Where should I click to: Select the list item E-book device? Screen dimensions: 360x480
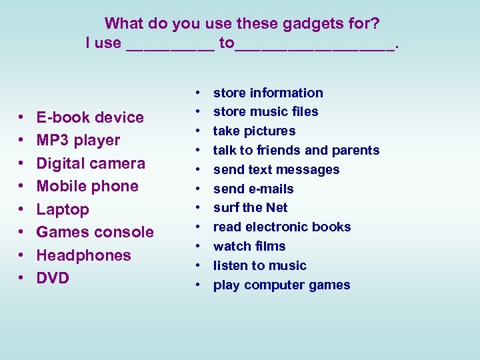[x=90, y=117]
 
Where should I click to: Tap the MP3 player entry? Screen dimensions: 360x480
[x=78, y=141]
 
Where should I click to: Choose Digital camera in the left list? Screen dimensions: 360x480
[x=91, y=163]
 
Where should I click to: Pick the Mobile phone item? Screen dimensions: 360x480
[x=87, y=187]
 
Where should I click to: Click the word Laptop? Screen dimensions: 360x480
[x=63, y=209]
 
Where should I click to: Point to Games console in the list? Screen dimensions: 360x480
[x=95, y=232]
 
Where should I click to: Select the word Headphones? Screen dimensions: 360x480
[x=83, y=255]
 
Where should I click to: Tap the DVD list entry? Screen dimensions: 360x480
[x=53, y=278]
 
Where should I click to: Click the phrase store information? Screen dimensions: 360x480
[x=268, y=93]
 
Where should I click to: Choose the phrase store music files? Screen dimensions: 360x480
[x=265, y=111]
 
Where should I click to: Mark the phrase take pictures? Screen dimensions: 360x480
[x=254, y=131]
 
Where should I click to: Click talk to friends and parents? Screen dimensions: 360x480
[x=296, y=150]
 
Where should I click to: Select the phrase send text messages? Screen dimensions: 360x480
[x=276, y=169]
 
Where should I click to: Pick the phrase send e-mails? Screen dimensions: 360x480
[x=253, y=189]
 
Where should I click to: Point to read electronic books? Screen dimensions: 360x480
[x=282, y=227]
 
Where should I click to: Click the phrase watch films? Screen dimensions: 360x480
[x=249, y=246]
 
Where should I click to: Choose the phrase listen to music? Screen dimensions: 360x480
[x=259, y=265]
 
